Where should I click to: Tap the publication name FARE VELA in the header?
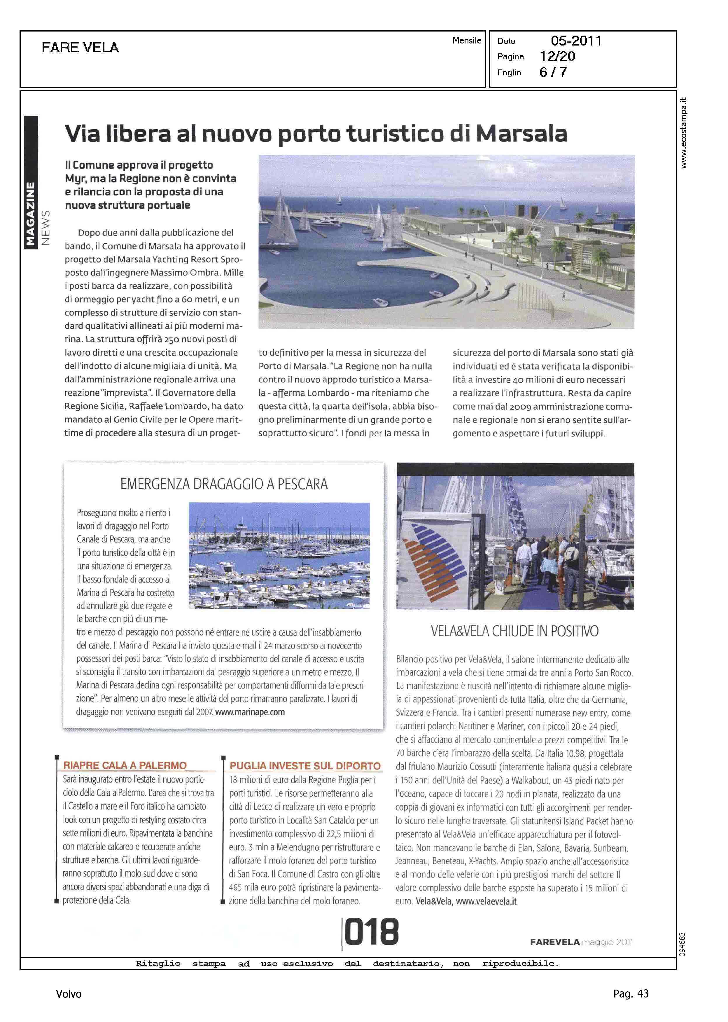coord(80,48)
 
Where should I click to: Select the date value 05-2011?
coord(576,41)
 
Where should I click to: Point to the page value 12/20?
coord(557,57)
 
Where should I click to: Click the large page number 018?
coord(371,932)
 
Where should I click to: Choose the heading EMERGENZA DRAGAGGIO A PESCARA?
coord(224,484)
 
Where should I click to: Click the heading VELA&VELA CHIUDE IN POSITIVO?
coord(514,632)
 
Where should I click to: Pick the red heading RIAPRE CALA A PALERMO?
coord(125,765)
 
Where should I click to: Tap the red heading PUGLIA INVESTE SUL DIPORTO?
coord(305,766)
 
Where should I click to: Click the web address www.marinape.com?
coord(250,712)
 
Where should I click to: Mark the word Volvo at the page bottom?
coord(69,994)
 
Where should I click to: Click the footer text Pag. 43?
coord(631,994)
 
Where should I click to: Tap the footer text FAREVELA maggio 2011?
coord(581,942)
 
